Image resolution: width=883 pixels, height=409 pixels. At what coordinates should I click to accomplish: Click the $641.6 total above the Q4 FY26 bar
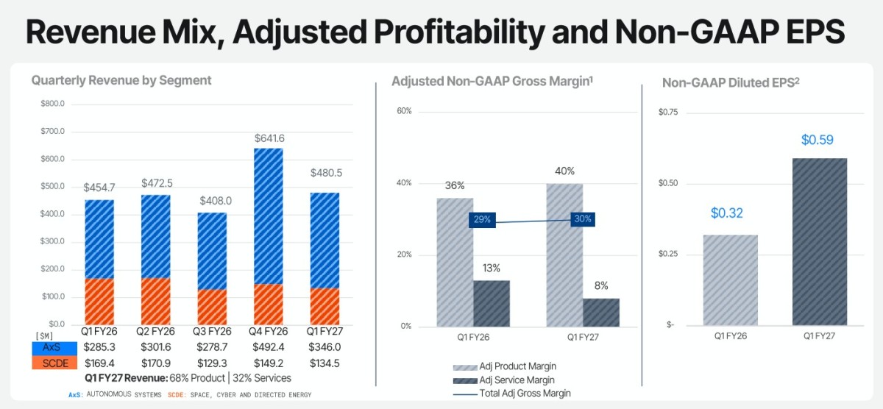coord(269,138)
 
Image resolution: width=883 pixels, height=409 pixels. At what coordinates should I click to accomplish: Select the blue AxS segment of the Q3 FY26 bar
coord(212,252)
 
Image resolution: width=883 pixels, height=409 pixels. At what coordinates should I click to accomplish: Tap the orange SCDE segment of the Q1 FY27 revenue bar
coord(325,307)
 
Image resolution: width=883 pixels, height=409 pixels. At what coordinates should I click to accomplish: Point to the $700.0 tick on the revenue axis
coord(52,131)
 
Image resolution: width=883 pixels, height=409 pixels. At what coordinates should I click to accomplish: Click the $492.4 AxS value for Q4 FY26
coord(269,347)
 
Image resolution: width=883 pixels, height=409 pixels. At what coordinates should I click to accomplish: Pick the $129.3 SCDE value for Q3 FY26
coord(212,363)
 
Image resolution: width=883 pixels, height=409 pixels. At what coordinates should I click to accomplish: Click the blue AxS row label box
coord(54,348)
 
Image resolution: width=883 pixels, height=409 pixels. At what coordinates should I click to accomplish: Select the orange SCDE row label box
coord(54,363)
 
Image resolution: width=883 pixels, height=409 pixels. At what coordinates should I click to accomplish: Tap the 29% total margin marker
coord(482,220)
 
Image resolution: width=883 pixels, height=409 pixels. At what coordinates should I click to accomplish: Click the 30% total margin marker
coord(583,219)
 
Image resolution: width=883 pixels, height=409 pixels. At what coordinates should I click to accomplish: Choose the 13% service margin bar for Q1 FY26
coord(492,303)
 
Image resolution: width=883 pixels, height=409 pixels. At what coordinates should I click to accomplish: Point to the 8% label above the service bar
coord(601,285)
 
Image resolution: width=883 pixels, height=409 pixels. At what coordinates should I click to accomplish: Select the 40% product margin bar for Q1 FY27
coord(564,255)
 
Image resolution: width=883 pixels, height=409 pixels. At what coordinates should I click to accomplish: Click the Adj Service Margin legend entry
coord(504,380)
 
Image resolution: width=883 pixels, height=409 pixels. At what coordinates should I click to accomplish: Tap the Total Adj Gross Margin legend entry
coord(511,394)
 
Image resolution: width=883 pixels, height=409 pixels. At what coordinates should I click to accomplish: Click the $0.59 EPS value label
coord(818,140)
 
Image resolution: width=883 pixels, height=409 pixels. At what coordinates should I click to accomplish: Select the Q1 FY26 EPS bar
coord(731,280)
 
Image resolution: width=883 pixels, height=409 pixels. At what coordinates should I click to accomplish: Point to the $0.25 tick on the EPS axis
coord(668,253)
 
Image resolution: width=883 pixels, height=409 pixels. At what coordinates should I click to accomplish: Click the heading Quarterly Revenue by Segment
coord(121,80)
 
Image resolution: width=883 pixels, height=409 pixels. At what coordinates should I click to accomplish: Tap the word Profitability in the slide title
coord(459,32)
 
